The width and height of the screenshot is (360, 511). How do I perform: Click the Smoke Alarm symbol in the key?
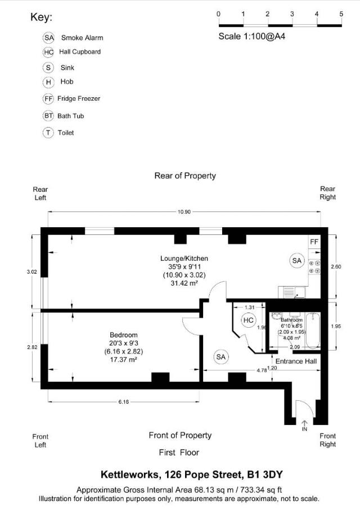click(49, 38)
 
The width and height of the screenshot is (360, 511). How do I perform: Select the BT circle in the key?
click(49, 116)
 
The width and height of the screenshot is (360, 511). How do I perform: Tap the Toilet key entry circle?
click(49, 133)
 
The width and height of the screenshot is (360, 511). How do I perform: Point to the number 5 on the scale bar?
click(341, 13)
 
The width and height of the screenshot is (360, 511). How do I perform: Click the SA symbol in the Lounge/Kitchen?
click(297, 260)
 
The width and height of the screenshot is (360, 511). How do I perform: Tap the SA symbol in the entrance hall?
click(221, 356)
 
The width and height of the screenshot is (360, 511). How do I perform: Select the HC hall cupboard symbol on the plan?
click(248, 320)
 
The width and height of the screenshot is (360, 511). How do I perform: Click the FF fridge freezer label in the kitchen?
click(314, 242)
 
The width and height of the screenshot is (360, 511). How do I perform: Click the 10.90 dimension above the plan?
click(184, 212)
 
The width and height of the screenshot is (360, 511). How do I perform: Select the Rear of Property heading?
click(185, 176)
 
